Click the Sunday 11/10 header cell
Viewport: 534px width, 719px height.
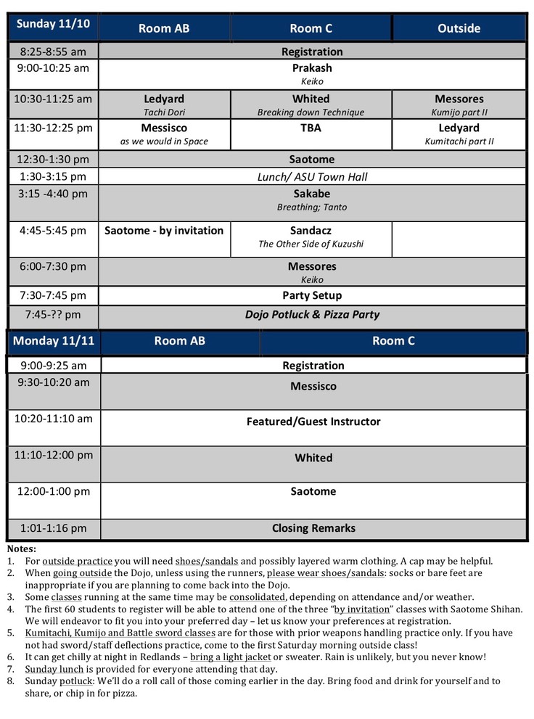pos(53,25)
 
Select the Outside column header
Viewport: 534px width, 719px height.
pos(459,28)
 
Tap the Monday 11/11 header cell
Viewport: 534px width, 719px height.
pos(53,341)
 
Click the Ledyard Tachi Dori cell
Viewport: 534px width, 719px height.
pos(164,104)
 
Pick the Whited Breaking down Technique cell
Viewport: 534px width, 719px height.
pos(311,104)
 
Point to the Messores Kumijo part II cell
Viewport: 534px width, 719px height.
pos(459,104)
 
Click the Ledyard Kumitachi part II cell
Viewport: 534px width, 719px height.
pos(459,134)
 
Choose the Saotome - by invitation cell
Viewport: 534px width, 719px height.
pos(164,231)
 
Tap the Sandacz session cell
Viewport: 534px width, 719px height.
pos(311,237)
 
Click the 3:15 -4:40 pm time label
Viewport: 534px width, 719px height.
pos(53,194)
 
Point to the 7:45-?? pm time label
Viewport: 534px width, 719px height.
pos(53,315)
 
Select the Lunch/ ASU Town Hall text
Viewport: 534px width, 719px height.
pos(312,176)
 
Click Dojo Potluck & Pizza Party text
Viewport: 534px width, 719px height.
pos(312,315)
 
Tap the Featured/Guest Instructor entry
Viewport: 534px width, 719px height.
pos(313,422)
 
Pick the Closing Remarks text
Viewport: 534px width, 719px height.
pos(313,528)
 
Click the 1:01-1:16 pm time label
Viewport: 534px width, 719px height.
pos(53,528)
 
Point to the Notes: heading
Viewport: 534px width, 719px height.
pos(21,549)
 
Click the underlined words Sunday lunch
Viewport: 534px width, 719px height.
pos(54,669)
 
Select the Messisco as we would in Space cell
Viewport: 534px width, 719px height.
pos(164,134)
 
